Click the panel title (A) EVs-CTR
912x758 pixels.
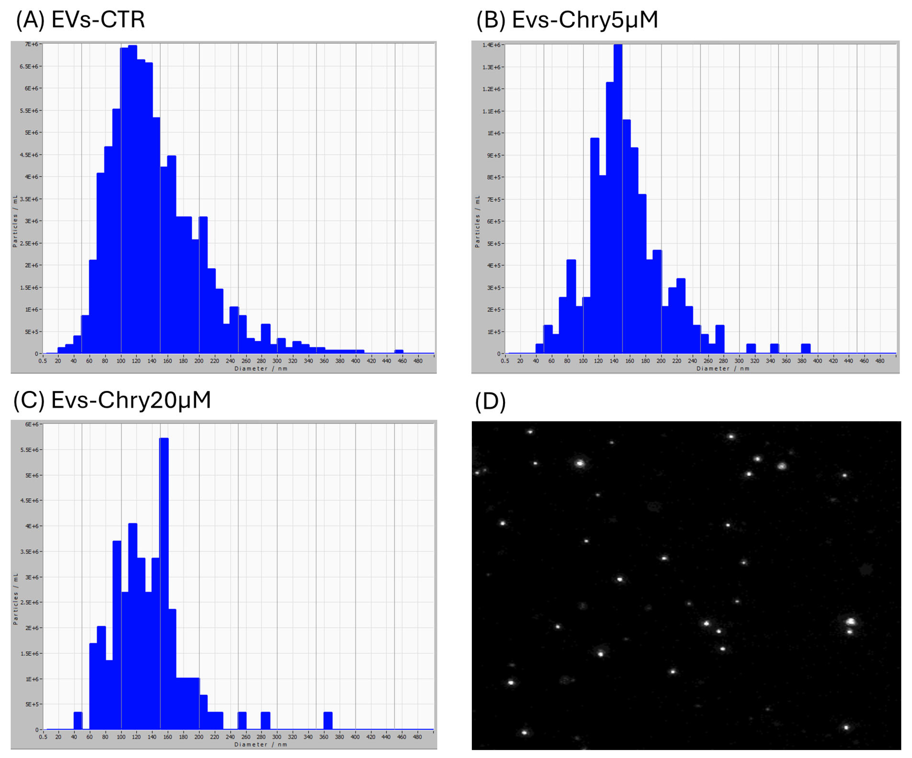(80, 20)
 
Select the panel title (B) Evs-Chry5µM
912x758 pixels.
(567, 20)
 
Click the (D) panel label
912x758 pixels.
(490, 401)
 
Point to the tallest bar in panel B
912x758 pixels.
(618, 200)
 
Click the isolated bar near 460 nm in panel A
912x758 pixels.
(399, 351)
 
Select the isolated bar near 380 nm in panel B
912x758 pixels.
(806, 348)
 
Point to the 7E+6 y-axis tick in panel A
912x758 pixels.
(31, 44)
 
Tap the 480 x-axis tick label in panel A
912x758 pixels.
(418, 361)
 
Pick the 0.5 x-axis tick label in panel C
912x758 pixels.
(43, 737)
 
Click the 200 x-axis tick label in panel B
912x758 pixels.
(661, 361)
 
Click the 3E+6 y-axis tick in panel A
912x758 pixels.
(31, 221)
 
